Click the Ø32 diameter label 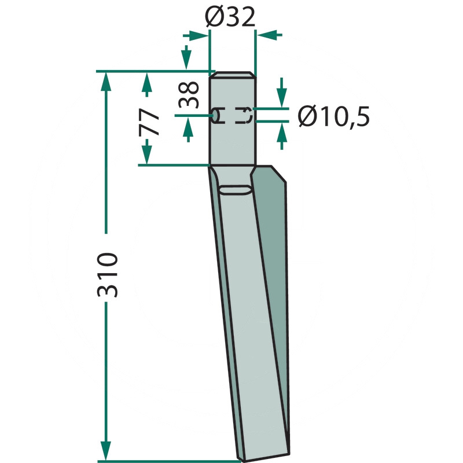point(230,17)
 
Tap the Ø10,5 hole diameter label point(334,116)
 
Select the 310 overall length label point(108,274)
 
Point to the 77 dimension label point(149,122)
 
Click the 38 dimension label point(189,94)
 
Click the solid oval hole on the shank point(216,115)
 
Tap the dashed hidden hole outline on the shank point(244,115)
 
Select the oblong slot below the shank point(236,190)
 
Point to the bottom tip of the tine point(242,460)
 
